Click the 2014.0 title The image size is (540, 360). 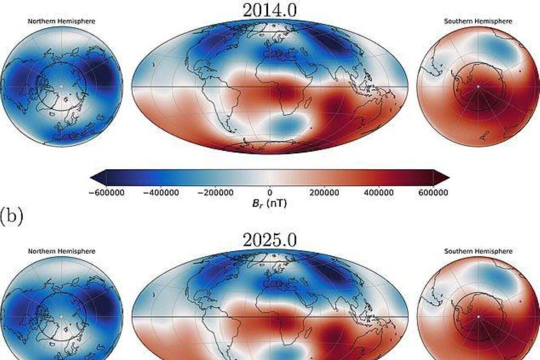tap(270, 10)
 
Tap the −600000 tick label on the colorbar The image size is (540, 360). tap(106, 192)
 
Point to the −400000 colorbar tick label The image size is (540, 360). tap(161, 192)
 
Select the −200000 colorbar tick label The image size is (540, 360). tap(215, 192)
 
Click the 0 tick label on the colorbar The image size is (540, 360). tap(270, 192)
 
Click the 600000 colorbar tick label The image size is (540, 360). tap(433, 192)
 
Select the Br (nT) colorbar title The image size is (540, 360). tap(270, 203)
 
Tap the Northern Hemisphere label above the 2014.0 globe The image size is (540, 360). tap(62, 21)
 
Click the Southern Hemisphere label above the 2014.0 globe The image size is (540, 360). tap(478, 21)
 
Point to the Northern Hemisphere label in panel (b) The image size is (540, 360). tap(62, 251)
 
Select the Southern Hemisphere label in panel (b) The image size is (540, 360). tap(478, 251)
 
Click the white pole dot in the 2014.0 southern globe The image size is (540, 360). tap(478, 86)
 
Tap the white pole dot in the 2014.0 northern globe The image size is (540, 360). tap(62, 86)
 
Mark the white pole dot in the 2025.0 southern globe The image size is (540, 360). tap(478, 316)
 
